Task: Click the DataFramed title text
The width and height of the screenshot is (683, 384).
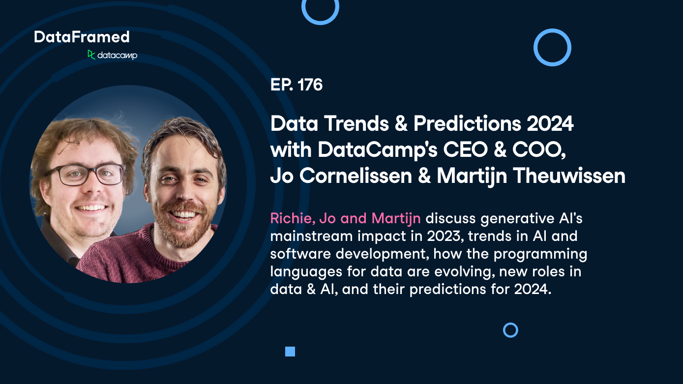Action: [82, 37]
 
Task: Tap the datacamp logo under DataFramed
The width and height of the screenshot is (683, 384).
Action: [112, 55]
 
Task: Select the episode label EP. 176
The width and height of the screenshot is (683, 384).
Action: [296, 85]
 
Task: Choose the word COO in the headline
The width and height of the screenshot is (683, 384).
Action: [535, 150]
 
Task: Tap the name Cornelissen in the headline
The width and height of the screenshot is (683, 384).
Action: [356, 176]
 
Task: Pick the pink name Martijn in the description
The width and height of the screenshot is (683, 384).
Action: [396, 218]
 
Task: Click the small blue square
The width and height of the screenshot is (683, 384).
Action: [290, 352]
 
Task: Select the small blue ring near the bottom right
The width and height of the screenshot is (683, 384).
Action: [510, 330]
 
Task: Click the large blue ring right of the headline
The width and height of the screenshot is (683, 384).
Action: [552, 47]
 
